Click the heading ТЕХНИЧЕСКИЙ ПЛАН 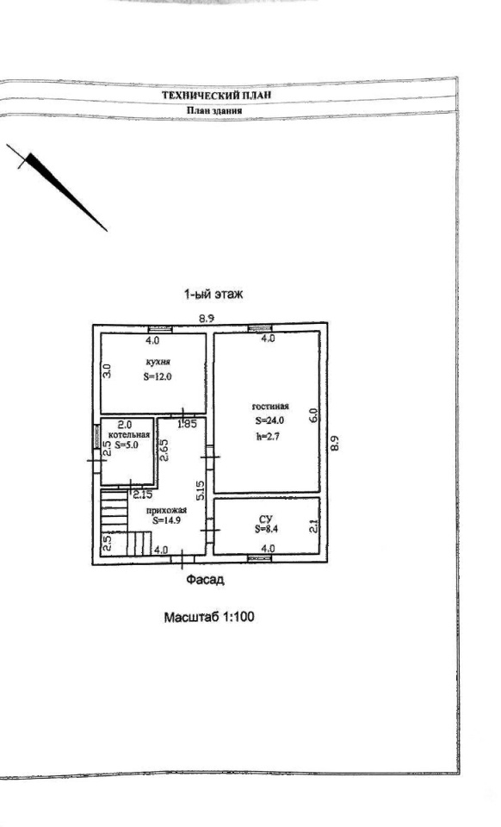click(x=217, y=96)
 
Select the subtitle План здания click(x=214, y=111)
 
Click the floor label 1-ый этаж click(x=213, y=295)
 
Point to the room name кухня click(x=158, y=363)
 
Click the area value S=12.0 click(x=158, y=376)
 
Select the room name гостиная click(x=270, y=406)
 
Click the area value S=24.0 click(x=269, y=421)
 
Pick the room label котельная click(x=129, y=434)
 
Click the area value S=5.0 click(x=127, y=445)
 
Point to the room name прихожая click(x=166, y=510)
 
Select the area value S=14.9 click(x=167, y=520)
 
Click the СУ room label click(x=266, y=519)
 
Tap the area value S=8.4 click(x=266, y=530)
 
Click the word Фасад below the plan click(x=205, y=580)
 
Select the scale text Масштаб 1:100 click(x=209, y=617)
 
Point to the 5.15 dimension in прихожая click(x=201, y=490)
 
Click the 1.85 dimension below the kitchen click(x=187, y=423)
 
